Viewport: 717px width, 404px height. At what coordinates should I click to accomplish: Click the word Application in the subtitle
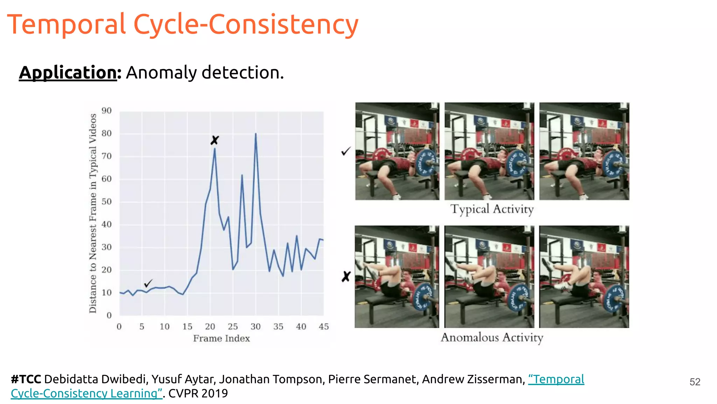pyautogui.click(x=68, y=73)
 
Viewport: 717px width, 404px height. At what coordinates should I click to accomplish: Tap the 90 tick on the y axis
pyautogui.click(x=106, y=111)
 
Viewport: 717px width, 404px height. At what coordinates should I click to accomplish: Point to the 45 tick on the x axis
pyautogui.click(x=324, y=327)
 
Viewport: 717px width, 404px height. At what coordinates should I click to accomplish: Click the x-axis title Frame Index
pyautogui.click(x=221, y=338)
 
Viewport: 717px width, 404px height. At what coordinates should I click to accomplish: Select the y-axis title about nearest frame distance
pyautogui.click(x=93, y=213)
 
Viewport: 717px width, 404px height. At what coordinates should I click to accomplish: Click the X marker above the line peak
pyautogui.click(x=215, y=140)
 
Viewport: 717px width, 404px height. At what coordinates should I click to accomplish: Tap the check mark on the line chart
pyautogui.click(x=148, y=283)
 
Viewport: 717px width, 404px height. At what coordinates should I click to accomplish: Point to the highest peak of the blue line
pyautogui.click(x=256, y=134)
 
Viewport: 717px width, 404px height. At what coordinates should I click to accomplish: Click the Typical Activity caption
pyautogui.click(x=492, y=209)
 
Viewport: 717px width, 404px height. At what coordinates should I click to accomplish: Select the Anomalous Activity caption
pyautogui.click(x=492, y=337)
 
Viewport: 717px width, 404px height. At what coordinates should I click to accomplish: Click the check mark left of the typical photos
pyautogui.click(x=346, y=151)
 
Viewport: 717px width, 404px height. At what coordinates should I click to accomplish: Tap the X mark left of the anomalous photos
pyautogui.click(x=346, y=277)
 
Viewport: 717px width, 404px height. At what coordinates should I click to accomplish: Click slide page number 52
pyautogui.click(x=695, y=382)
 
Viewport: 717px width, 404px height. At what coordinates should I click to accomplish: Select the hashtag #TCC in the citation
pyautogui.click(x=26, y=379)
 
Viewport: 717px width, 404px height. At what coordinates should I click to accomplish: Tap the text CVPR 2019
pyautogui.click(x=198, y=393)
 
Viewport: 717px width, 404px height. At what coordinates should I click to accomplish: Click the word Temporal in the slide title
pyautogui.click(x=67, y=25)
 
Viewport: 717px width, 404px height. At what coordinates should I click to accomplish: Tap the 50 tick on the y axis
pyautogui.click(x=106, y=202)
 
